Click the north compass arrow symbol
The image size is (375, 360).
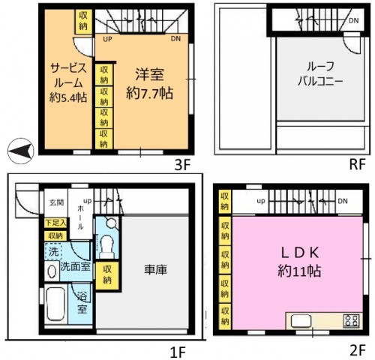point(22,151)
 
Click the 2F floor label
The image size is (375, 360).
point(356,349)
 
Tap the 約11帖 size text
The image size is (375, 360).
point(295,271)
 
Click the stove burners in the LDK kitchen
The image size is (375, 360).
point(350,321)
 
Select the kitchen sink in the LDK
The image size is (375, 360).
point(307,322)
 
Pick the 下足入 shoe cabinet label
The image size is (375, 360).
point(53,223)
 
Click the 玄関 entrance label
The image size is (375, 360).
point(56,202)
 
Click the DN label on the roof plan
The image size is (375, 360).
point(352,20)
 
